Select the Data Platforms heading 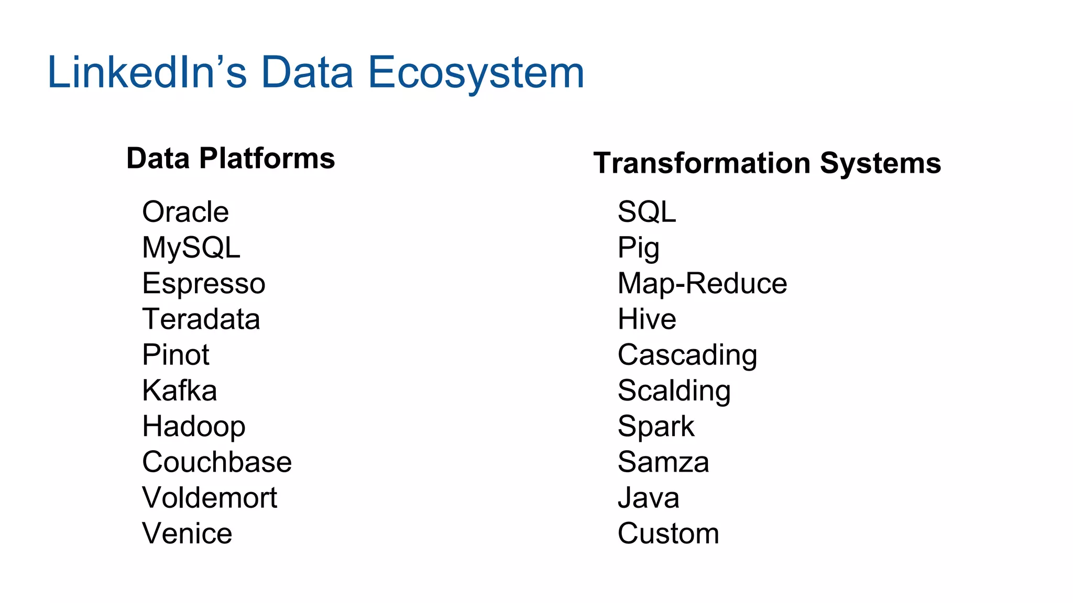(231, 158)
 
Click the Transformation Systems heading (767, 163)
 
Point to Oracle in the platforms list (185, 212)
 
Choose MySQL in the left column (191, 248)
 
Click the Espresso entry (204, 283)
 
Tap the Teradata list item (201, 319)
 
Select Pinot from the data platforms (176, 355)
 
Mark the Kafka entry (180, 390)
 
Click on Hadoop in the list (194, 426)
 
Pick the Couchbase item (217, 462)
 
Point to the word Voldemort (210, 497)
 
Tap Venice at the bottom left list (187, 533)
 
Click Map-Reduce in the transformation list (702, 283)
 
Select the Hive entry (647, 319)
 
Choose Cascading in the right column (687, 355)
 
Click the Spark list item (655, 426)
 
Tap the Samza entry (663, 462)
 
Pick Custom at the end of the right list (668, 533)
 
